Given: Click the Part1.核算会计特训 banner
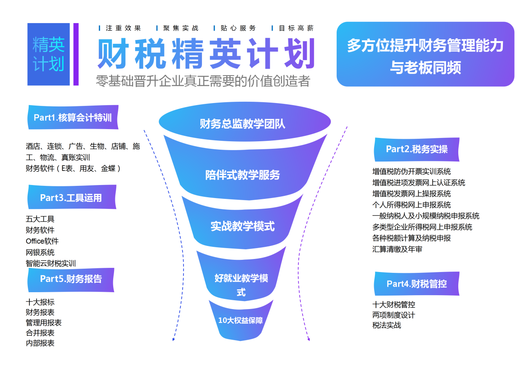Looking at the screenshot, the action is [73, 117].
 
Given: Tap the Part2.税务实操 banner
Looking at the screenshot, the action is [417, 149].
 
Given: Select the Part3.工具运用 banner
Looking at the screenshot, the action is [72, 197].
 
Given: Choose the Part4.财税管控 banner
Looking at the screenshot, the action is [417, 283].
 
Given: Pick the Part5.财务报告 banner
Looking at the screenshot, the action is [71, 280].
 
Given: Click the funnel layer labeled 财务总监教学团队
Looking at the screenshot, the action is [245, 122].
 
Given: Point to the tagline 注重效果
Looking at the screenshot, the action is [123, 28].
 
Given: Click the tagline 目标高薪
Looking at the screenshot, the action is [296, 28].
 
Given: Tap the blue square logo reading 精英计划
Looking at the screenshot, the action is [49, 54].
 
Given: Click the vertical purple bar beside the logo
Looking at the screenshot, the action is [76, 54].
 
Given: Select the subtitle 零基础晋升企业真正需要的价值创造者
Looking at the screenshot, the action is [203, 81].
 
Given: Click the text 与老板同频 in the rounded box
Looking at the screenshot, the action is [425, 68].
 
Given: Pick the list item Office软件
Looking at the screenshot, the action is [42, 241].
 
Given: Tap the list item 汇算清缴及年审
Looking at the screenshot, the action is [397, 249].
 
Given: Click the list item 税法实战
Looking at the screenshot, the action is [387, 325].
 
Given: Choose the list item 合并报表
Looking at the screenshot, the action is [40, 333].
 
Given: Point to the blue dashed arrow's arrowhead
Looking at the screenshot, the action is [173, 339].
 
